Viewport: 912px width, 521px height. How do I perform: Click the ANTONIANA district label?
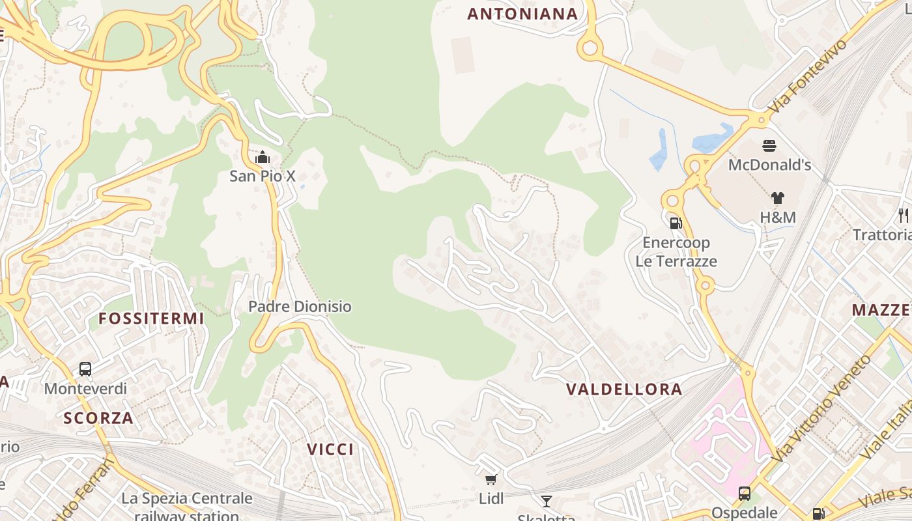tap(522, 14)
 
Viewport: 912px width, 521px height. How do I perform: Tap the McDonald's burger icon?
tap(769, 145)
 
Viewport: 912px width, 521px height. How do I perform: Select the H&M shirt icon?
tap(777, 198)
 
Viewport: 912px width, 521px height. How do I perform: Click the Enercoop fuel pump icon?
tap(676, 223)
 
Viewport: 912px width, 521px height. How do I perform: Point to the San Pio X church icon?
tap(263, 157)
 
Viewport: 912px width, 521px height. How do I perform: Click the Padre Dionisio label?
tap(300, 306)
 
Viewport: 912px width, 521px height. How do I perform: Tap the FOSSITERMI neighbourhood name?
tap(151, 318)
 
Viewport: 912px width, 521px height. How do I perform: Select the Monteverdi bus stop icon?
tap(85, 369)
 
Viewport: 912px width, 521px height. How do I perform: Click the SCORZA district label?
tap(98, 418)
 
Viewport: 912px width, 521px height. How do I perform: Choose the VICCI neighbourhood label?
tap(330, 449)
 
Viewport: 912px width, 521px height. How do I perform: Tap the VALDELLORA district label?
tap(624, 389)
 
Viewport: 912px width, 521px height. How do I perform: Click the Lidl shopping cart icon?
tap(491, 480)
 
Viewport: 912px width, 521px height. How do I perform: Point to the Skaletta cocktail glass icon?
tap(547, 501)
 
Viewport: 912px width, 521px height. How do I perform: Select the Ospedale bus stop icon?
tap(744, 494)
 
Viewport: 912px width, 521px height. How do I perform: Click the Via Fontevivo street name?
tap(809, 76)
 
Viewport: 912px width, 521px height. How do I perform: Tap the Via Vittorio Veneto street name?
tap(822, 408)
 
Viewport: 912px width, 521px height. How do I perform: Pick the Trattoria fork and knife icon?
tap(904, 215)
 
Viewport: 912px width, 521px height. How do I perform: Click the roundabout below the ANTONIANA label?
tap(590, 48)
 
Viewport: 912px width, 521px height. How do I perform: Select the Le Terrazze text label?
tap(676, 261)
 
